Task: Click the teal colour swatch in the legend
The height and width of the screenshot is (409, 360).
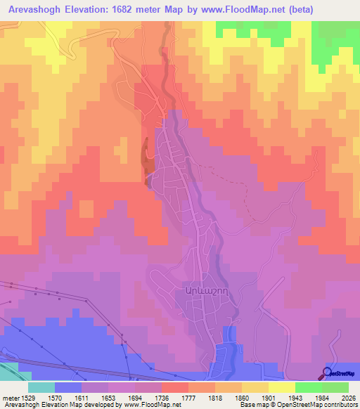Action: point(41,387)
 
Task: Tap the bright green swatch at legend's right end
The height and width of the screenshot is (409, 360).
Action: point(335,387)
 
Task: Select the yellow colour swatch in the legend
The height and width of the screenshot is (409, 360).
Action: point(282,387)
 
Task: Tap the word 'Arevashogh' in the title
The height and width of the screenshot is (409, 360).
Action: point(36,9)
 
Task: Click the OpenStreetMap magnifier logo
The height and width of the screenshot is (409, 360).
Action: point(328,372)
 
